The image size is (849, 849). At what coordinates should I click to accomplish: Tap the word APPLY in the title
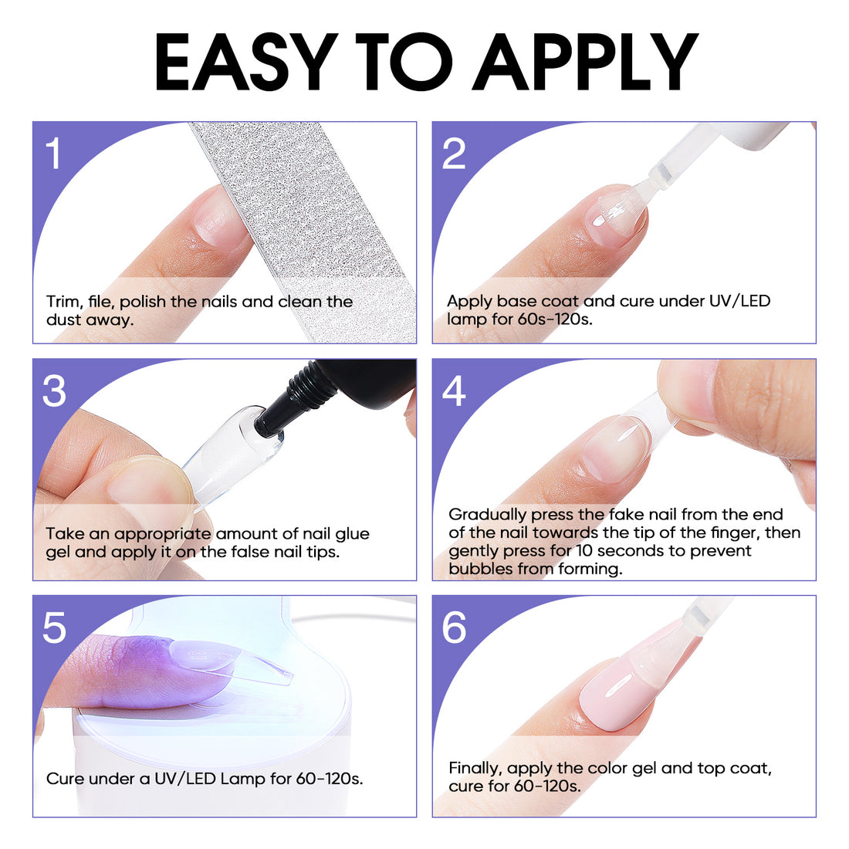point(585,63)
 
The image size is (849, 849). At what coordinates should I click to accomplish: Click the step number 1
point(52,154)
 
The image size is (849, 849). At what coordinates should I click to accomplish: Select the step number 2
point(454,154)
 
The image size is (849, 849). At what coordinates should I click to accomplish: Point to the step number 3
point(54,391)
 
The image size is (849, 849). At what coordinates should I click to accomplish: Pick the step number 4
point(454,391)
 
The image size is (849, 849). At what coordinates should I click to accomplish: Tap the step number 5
point(54,628)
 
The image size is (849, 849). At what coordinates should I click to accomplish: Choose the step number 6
point(454,628)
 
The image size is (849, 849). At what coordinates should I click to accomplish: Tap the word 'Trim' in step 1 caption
point(62,302)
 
